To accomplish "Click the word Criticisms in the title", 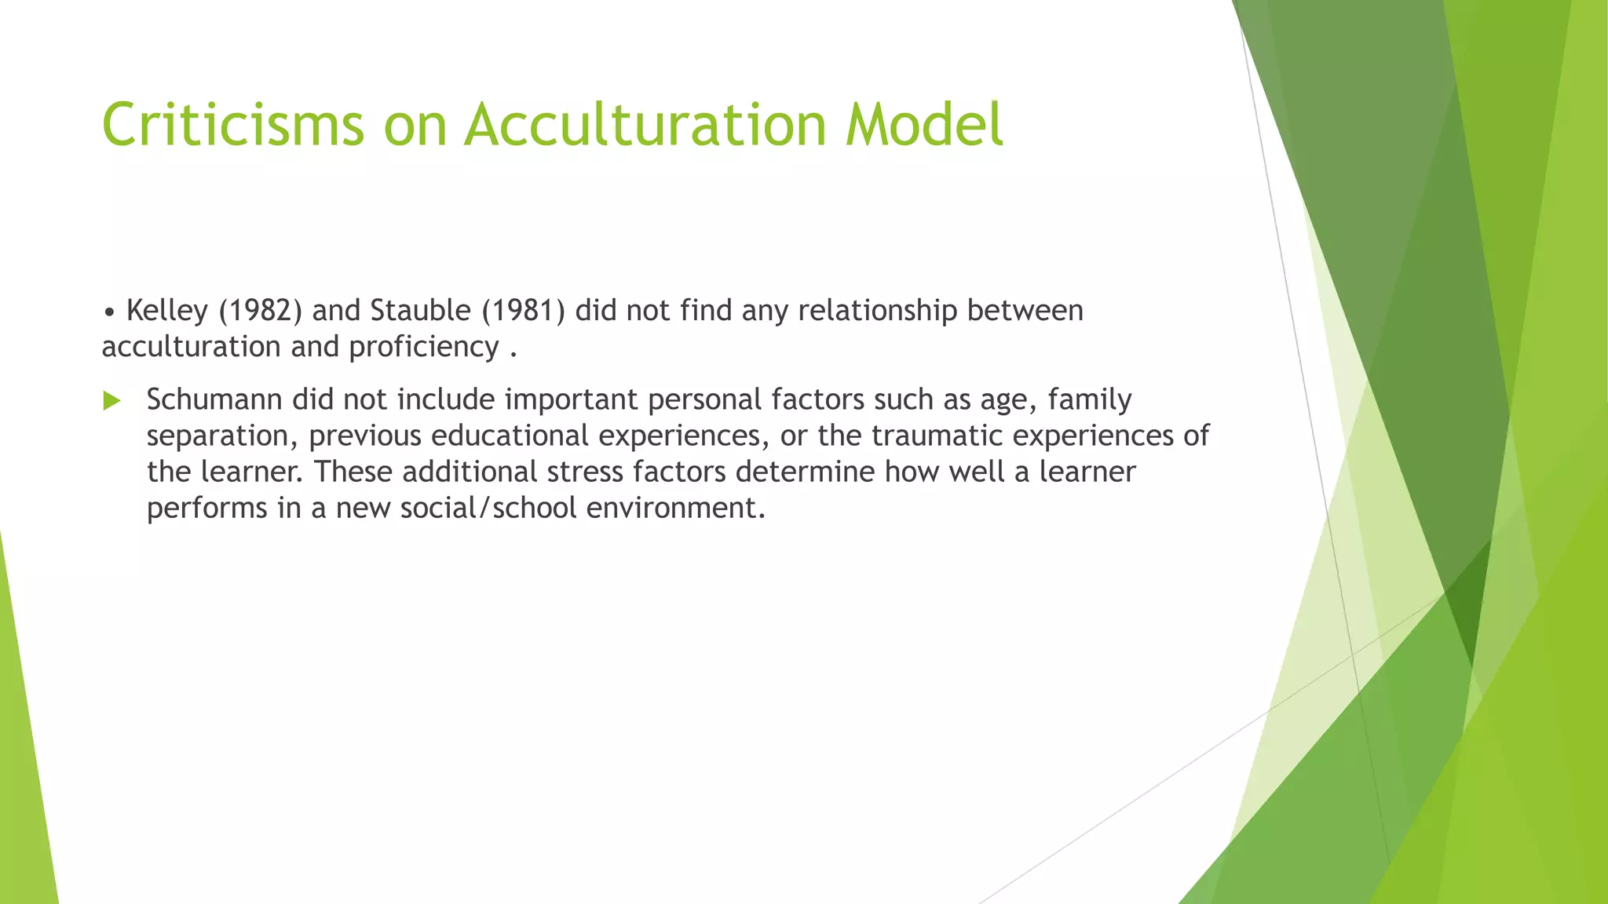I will [233, 125].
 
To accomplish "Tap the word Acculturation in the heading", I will [645, 125].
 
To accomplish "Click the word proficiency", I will [424, 347].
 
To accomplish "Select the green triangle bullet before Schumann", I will [112, 401].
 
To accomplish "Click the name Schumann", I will [214, 400].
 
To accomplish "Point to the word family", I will [1090, 400].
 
